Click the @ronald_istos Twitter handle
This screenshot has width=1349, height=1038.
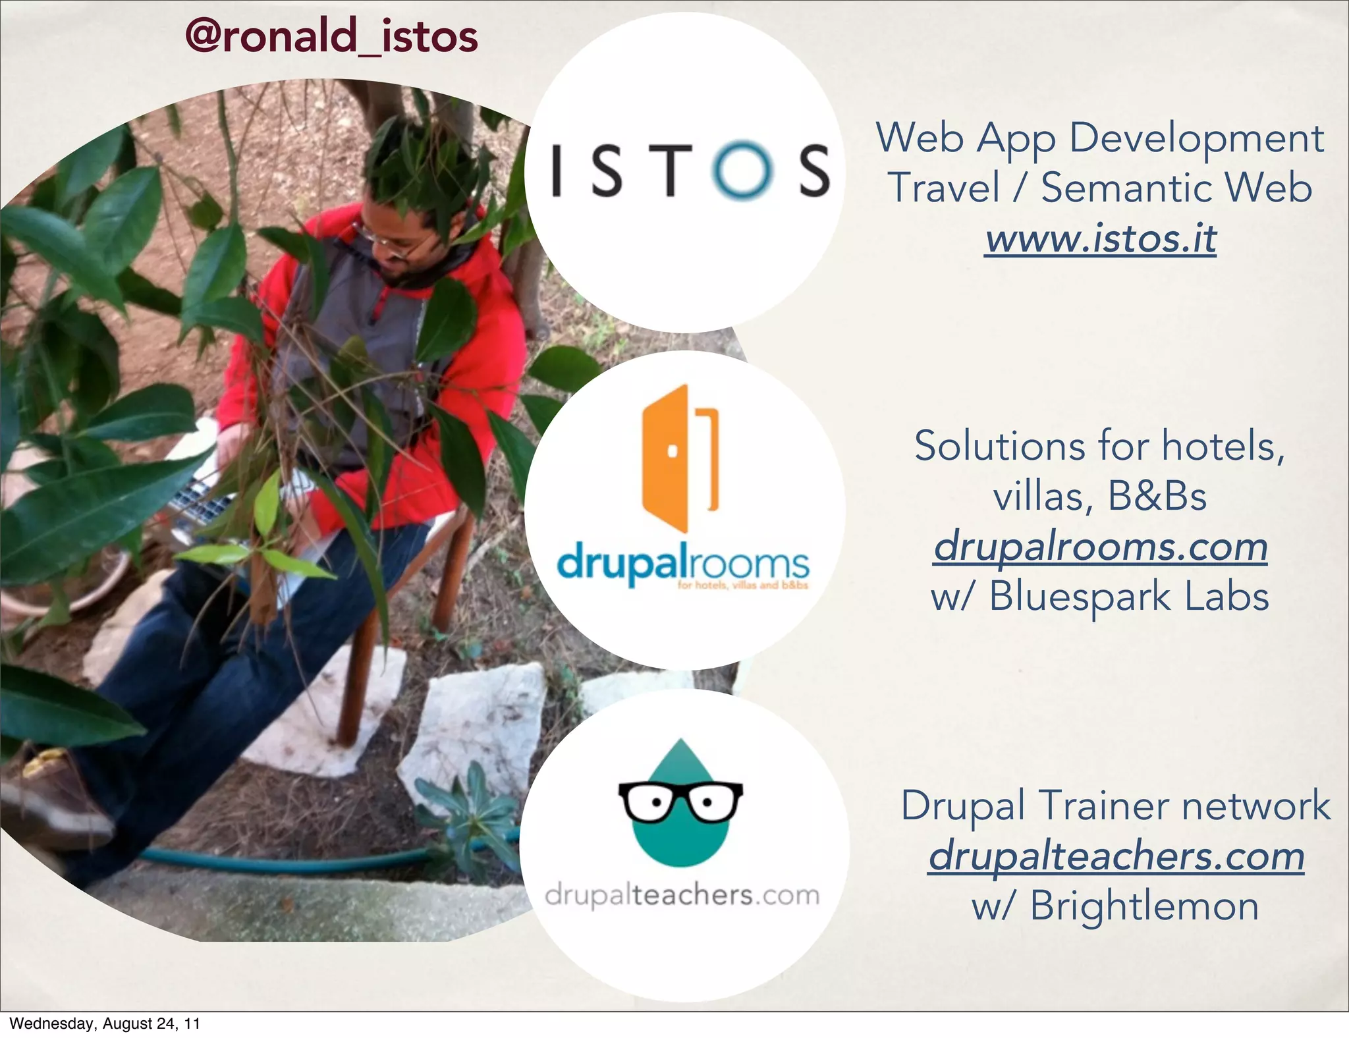331,36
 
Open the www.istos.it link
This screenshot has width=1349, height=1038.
1101,238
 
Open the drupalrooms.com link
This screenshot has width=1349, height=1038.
1100,547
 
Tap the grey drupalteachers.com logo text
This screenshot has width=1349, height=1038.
682,896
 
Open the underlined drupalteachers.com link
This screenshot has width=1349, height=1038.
1116,856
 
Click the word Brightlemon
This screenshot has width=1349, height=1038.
1144,906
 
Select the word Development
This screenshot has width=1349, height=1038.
1196,138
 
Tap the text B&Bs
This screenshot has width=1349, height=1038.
1157,496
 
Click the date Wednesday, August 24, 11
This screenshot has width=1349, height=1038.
104,1024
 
